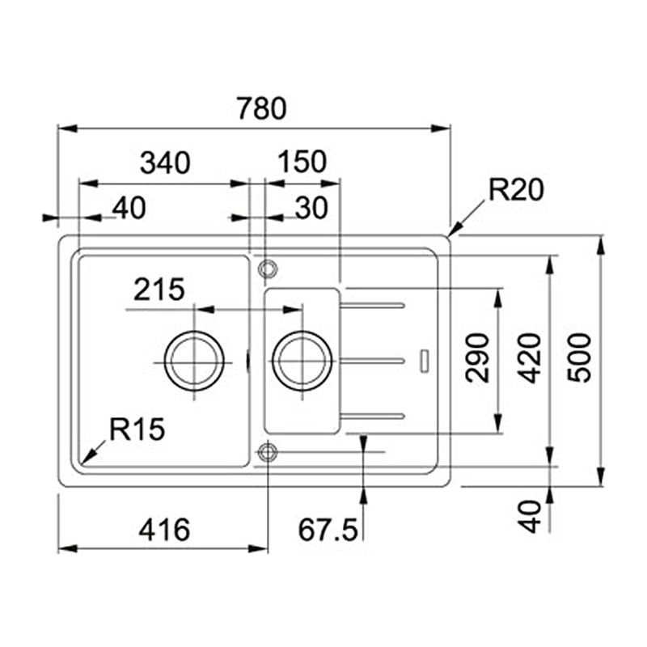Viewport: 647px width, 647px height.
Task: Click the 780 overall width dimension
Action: pyautogui.click(x=261, y=108)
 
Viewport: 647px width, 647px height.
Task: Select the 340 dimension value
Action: pyautogui.click(x=165, y=163)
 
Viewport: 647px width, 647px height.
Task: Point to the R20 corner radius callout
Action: pyautogui.click(x=516, y=190)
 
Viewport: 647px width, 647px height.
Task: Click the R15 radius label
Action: pyautogui.click(x=137, y=429)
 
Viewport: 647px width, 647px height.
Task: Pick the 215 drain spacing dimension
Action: pyautogui.click(x=159, y=290)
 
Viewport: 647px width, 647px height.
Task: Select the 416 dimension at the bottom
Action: pyautogui.click(x=164, y=530)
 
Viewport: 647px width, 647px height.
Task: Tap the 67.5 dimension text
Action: pyautogui.click(x=328, y=530)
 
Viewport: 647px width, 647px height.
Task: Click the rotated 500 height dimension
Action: pyautogui.click(x=579, y=357)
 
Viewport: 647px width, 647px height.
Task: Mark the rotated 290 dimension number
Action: pyautogui.click(x=477, y=358)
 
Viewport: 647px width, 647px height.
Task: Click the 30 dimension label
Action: pyautogui.click(x=311, y=208)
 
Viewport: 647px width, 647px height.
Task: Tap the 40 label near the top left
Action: pyautogui.click(x=129, y=208)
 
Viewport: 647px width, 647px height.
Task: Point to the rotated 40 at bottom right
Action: pyautogui.click(x=530, y=517)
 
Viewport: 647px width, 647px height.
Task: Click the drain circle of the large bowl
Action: pyautogui.click(x=194, y=331)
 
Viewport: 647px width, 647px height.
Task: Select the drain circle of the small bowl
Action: pyautogui.click(x=302, y=331)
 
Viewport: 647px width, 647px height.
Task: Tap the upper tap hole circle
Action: pyautogui.click(x=268, y=260)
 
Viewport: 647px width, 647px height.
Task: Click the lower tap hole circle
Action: pyautogui.click(x=268, y=443)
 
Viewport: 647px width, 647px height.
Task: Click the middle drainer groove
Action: pyautogui.click(x=372, y=361)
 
